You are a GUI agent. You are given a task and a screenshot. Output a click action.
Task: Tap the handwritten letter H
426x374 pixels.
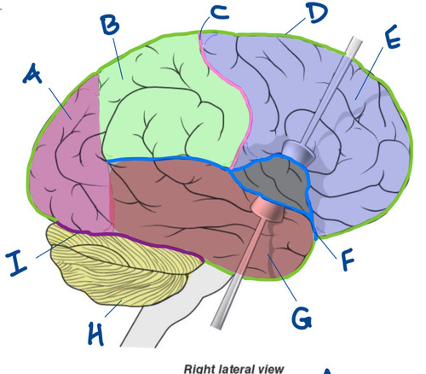(96, 333)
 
